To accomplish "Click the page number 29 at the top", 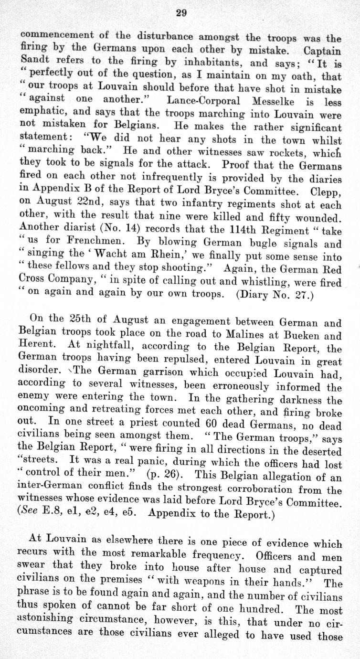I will pos(180,13).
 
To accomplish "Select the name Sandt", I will pos(35,62).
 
